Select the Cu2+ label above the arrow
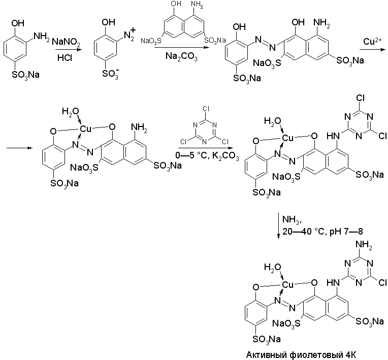(373, 40)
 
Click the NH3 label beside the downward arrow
(292, 219)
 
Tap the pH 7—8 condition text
(352, 231)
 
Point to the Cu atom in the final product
(288, 284)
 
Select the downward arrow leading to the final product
(279, 226)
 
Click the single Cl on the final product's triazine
(383, 280)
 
